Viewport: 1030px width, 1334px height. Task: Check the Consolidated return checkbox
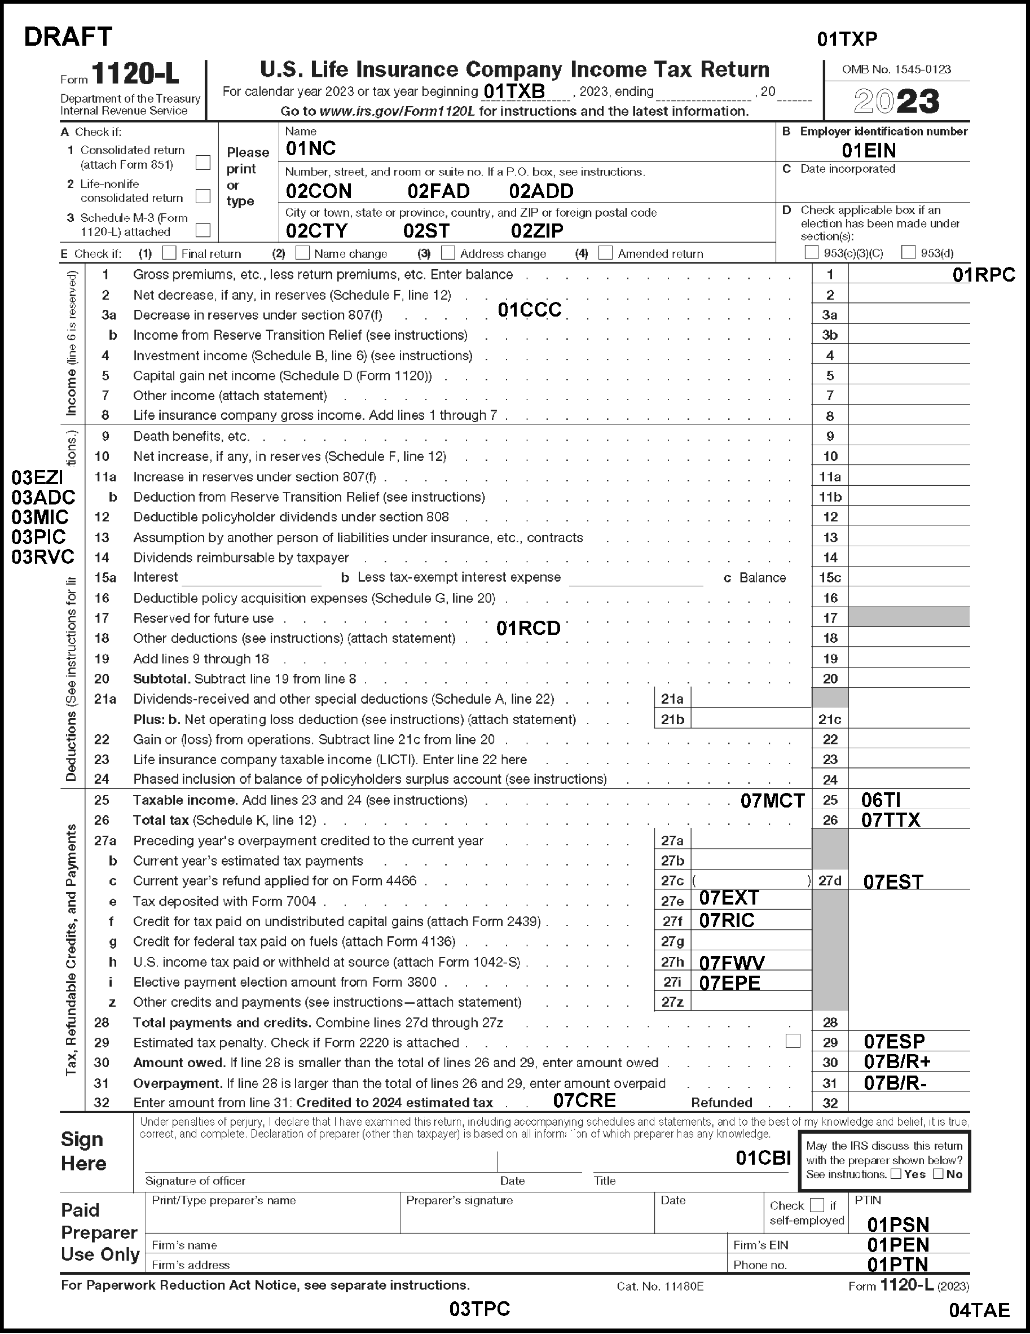(x=203, y=163)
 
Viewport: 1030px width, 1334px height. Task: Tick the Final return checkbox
(x=169, y=253)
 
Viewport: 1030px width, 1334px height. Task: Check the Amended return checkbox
(x=606, y=253)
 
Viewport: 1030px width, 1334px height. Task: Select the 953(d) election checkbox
(x=909, y=252)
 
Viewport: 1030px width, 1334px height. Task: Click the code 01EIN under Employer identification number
(x=869, y=150)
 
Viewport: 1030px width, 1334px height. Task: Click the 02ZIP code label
(x=536, y=231)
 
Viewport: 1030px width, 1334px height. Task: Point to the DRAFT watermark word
(x=68, y=37)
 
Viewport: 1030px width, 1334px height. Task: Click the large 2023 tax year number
(x=896, y=102)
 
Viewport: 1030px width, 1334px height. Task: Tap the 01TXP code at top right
(x=847, y=40)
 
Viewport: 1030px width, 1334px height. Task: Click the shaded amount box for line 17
(x=909, y=617)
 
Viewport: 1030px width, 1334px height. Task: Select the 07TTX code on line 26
(x=890, y=820)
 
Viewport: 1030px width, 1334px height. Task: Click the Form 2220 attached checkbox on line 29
(x=793, y=1041)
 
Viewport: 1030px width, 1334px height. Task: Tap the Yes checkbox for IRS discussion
(x=896, y=1173)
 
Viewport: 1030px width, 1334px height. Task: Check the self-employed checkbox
(x=816, y=1205)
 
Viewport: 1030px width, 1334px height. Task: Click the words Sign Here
(x=83, y=1151)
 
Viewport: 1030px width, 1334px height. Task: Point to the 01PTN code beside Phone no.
(x=897, y=1264)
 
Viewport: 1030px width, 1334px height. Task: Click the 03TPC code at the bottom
(x=479, y=1309)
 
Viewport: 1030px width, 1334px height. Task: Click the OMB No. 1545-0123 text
(x=896, y=69)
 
